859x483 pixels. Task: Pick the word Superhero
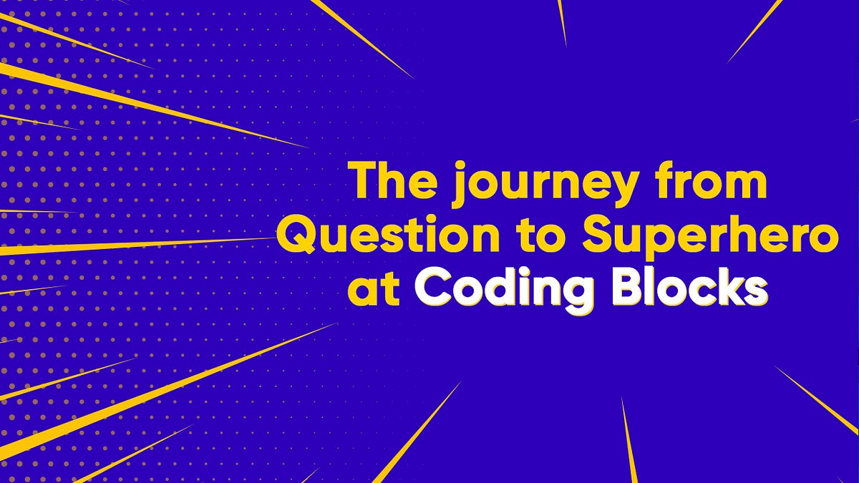pos(709,238)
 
